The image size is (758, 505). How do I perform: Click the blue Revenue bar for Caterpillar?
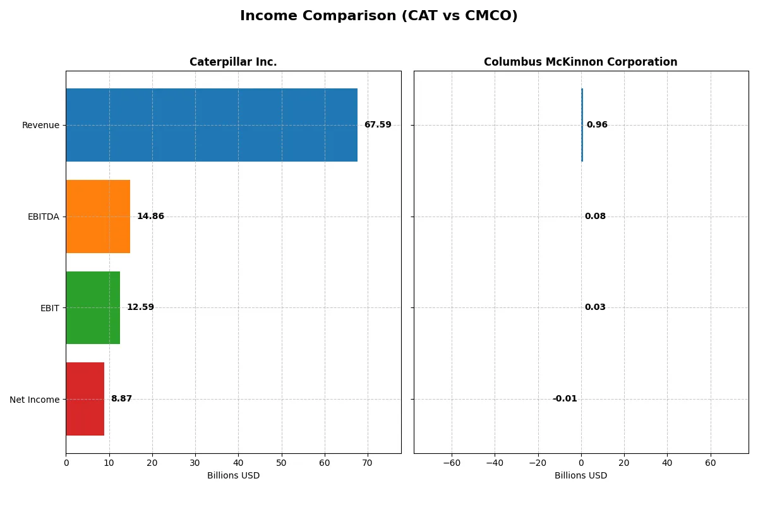pyautogui.click(x=212, y=125)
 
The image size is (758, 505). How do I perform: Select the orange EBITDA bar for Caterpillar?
pyautogui.click(x=98, y=217)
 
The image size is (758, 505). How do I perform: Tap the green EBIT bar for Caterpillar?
pyautogui.click(x=93, y=307)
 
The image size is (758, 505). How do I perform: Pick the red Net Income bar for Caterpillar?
pyautogui.click(x=85, y=399)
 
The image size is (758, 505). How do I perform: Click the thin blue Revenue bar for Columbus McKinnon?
pyautogui.click(x=582, y=125)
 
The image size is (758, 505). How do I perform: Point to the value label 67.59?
pyautogui.click(x=377, y=125)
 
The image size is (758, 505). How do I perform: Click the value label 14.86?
pyautogui.click(x=150, y=217)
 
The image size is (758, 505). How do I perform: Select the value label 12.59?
pyautogui.click(x=140, y=307)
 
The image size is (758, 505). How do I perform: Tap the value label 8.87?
pyautogui.click(x=121, y=399)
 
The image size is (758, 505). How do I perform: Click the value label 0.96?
pyautogui.click(x=597, y=125)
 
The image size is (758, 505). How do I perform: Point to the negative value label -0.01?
pyautogui.click(x=565, y=399)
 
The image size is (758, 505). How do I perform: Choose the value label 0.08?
pyautogui.click(x=595, y=217)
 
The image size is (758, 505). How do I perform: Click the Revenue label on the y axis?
pyautogui.click(x=40, y=125)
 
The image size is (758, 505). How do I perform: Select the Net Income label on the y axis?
pyautogui.click(x=34, y=400)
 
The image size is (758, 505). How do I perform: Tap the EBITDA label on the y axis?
pyautogui.click(x=43, y=217)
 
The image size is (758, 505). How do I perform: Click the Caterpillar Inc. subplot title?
pyautogui.click(x=233, y=62)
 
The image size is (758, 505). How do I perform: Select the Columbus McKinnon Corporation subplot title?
pyautogui.click(x=581, y=62)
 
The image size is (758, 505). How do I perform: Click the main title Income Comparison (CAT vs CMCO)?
pyautogui.click(x=379, y=16)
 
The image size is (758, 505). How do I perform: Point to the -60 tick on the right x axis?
pyautogui.click(x=452, y=463)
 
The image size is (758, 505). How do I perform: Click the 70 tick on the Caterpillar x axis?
pyautogui.click(x=368, y=463)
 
